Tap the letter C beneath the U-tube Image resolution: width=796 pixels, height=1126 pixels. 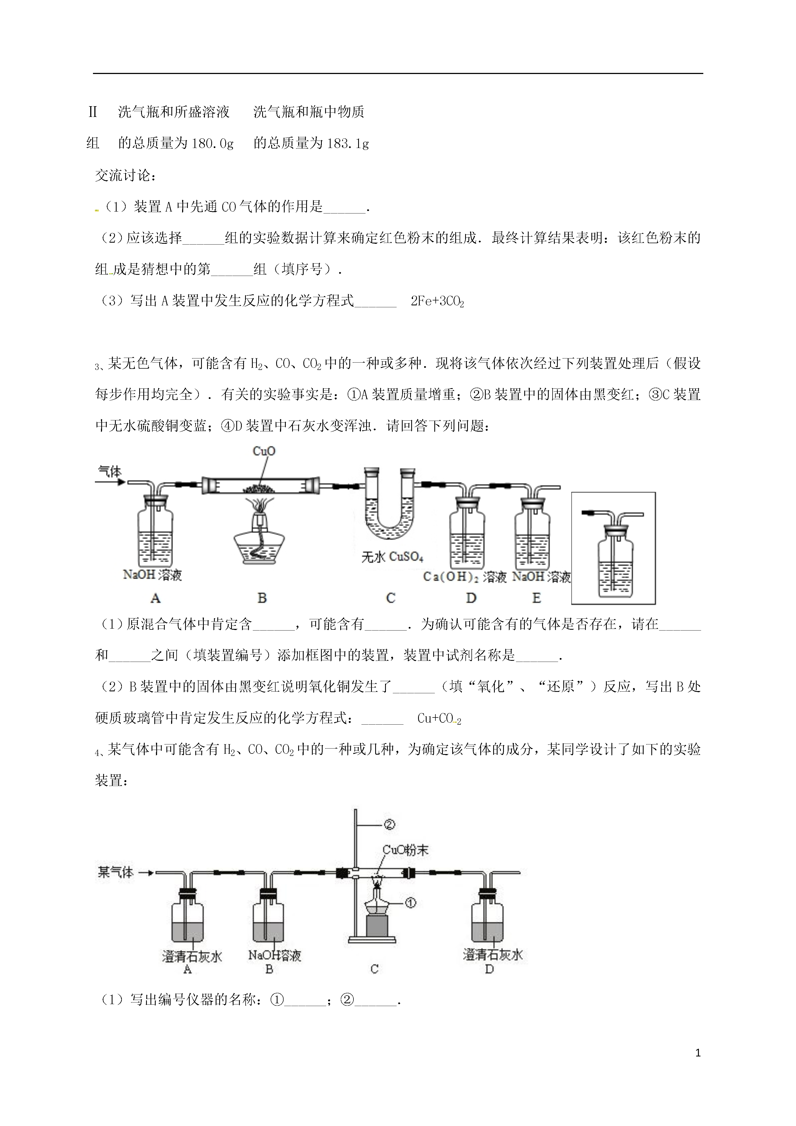coord(390,598)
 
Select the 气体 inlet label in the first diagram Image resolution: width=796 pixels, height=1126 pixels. coord(109,472)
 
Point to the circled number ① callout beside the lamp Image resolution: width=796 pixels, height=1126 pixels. coord(410,902)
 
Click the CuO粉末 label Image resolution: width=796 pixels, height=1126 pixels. coord(405,850)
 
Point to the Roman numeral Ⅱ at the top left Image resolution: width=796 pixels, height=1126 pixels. coord(93,112)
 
